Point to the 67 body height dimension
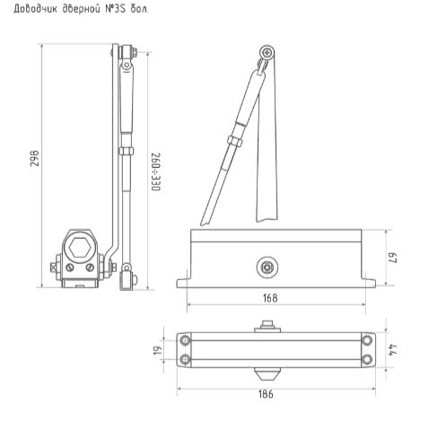pyautogui.click(x=391, y=259)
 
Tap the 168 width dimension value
pyautogui.click(x=270, y=297)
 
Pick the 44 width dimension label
pyautogui.click(x=391, y=350)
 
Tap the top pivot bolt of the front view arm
pyautogui.click(x=265, y=56)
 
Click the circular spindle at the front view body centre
pyautogui.click(x=267, y=266)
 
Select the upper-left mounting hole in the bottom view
pyautogui.click(x=186, y=339)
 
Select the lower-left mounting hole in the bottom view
pyautogui.click(x=186, y=360)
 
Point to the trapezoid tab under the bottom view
pyautogui.click(x=267, y=371)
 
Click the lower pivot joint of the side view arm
pyautogui.click(x=127, y=268)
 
